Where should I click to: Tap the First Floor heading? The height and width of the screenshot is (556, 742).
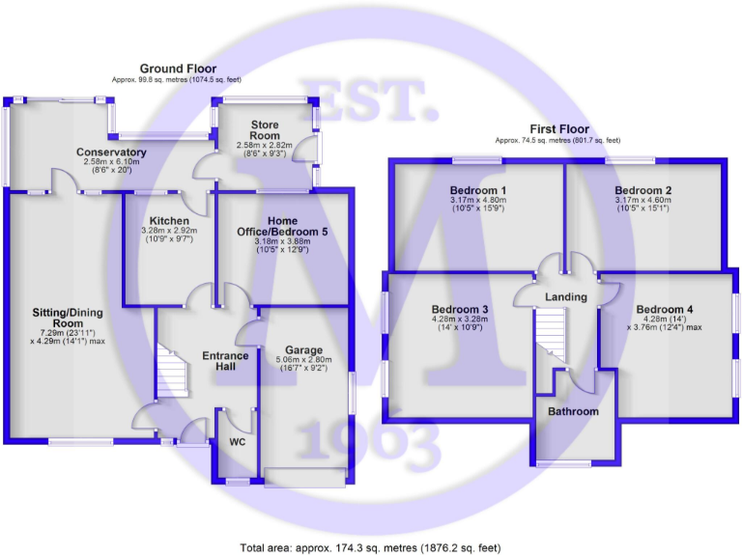point(557,129)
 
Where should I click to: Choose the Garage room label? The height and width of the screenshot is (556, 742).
point(303,349)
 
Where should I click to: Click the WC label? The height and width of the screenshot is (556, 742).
point(238,443)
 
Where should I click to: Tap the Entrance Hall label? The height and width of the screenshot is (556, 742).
point(225,362)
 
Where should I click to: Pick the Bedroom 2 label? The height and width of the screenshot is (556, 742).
point(643,189)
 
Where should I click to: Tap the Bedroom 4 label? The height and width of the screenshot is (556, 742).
point(665,309)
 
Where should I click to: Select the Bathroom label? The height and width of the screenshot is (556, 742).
point(574,412)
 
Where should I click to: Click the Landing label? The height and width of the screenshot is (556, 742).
point(566,296)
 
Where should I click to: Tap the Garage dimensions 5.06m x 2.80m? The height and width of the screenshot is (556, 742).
point(303,362)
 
